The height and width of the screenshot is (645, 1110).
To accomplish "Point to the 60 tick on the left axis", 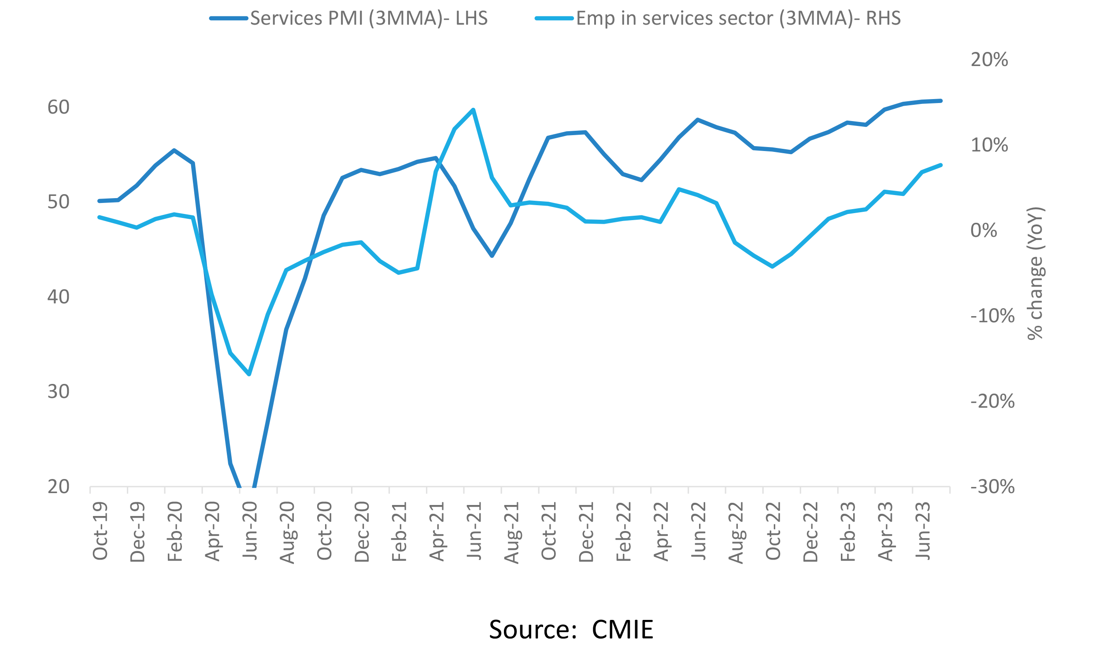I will click(59, 107).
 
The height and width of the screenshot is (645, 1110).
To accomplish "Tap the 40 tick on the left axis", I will click(59, 297).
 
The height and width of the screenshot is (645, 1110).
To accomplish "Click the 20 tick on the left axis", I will click(59, 487).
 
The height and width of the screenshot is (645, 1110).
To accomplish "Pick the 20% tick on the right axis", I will click(989, 60).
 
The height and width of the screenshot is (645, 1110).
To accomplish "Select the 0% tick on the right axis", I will click(984, 231).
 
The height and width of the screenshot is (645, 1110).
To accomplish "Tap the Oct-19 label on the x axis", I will click(100, 531).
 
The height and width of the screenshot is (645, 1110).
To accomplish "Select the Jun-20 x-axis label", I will click(250, 531).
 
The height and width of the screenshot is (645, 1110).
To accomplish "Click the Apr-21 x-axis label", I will click(437, 531).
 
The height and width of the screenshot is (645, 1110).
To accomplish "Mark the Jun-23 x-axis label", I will click(923, 531).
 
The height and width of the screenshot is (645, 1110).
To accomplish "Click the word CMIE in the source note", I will click(622, 630).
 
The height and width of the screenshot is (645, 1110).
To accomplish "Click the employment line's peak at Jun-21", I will click(473, 110).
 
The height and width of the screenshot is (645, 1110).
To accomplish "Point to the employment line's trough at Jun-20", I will click(249, 374).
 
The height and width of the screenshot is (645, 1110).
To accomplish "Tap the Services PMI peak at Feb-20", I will click(174, 150).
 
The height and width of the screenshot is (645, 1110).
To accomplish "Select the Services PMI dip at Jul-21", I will click(492, 256).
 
